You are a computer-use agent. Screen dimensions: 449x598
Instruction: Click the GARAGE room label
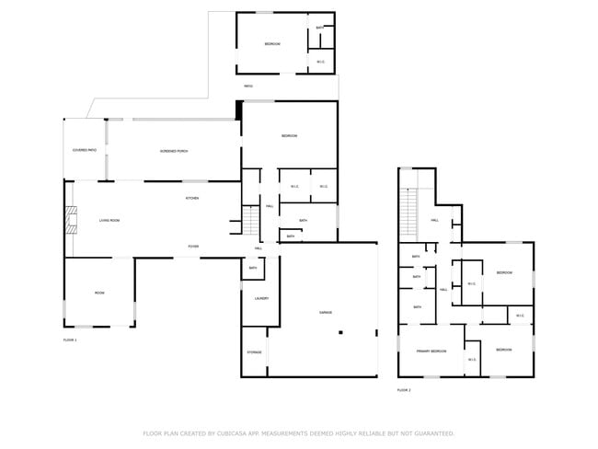point(326,313)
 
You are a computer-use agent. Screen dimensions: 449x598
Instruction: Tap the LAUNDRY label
point(260,297)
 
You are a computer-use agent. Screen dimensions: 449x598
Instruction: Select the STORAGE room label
point(255,352)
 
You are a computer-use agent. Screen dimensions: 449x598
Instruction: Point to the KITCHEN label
point(192,198)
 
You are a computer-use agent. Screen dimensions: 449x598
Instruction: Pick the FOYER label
point(193,247)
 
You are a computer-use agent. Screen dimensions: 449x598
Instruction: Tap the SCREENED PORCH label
point(174,151)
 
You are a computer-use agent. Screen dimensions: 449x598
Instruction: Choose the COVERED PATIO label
point(86,150)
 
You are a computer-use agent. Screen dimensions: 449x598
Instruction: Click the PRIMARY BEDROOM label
point(431,351)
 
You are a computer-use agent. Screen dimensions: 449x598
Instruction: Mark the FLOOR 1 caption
point(70,340)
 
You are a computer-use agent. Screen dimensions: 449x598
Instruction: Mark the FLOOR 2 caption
point(404,390)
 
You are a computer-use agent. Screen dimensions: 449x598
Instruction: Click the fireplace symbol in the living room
point(69,221)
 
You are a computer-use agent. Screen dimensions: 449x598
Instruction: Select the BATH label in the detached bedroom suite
point(319,29)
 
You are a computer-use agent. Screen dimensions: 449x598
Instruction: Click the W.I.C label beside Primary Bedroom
point(471,359)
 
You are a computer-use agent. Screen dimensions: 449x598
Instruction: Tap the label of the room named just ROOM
point(99,293)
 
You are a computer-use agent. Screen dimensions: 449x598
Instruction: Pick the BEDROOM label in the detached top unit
point(272,44)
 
